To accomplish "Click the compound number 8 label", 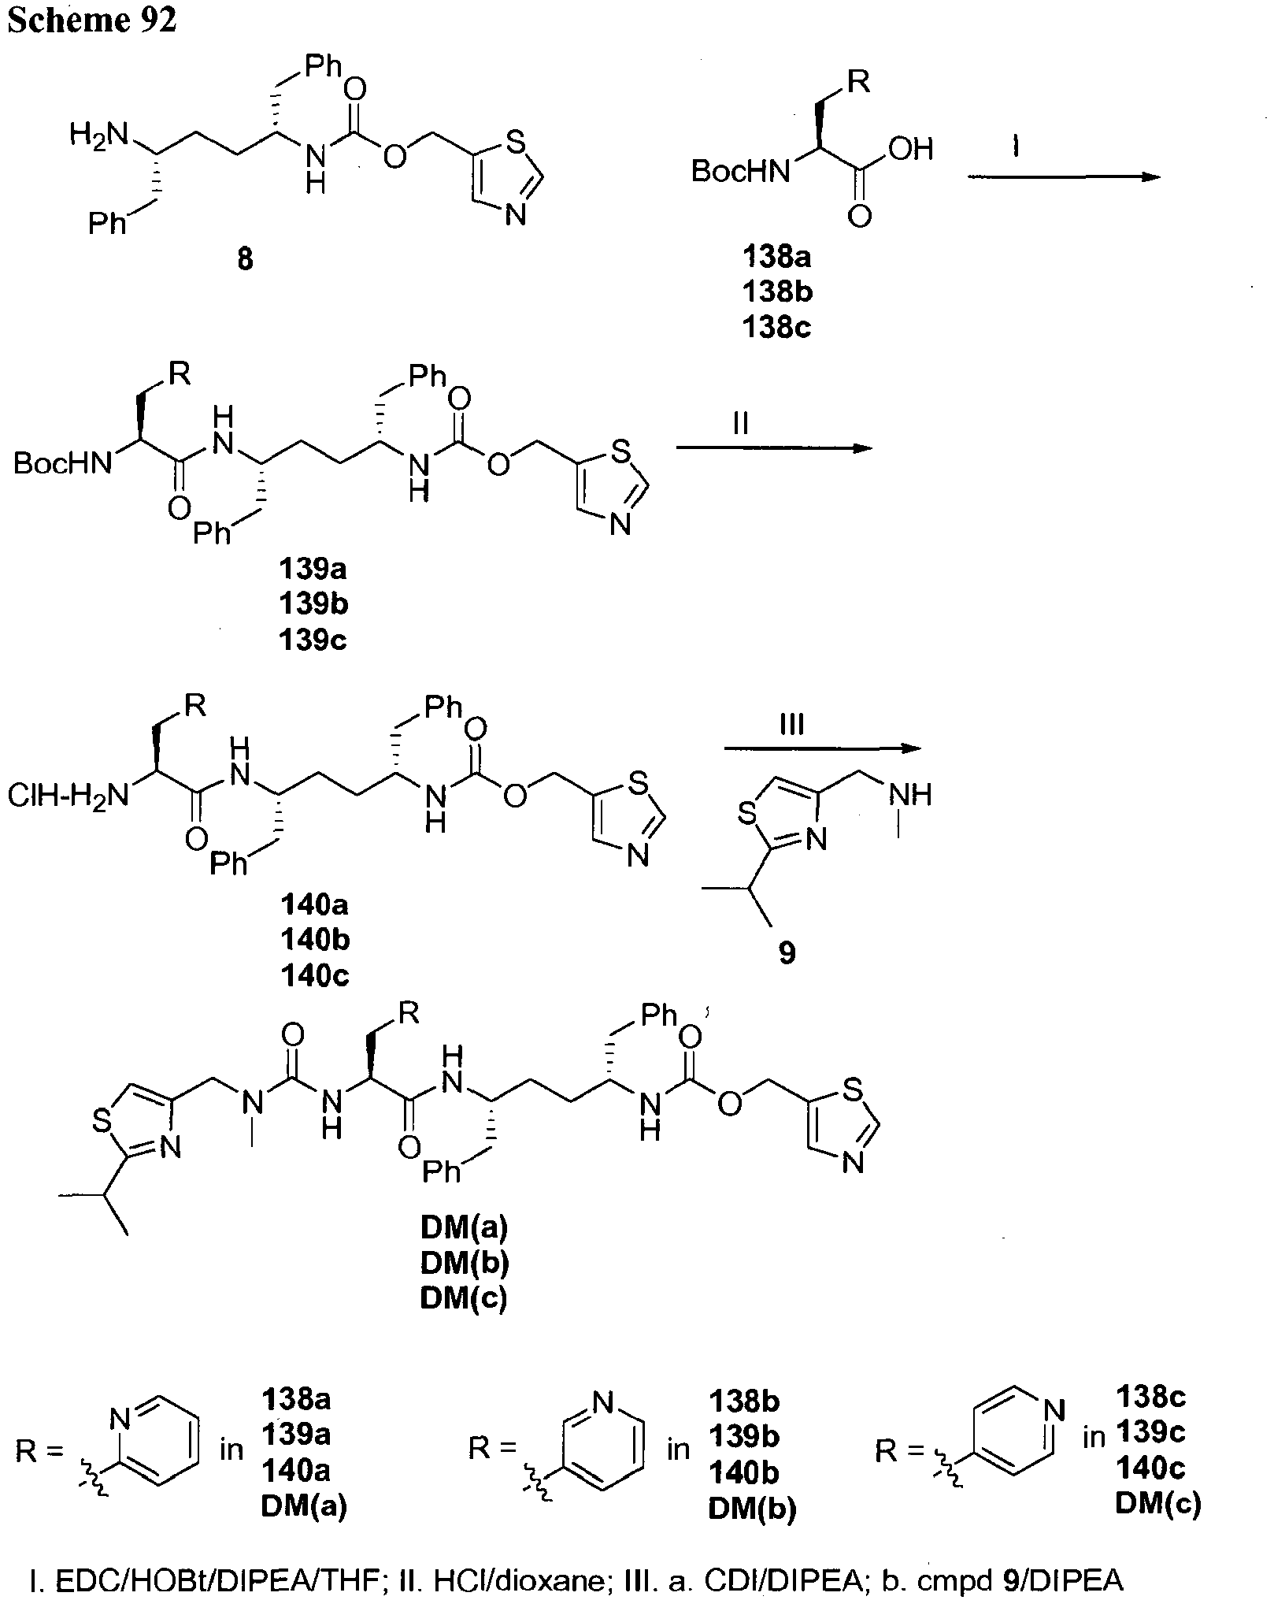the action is (245, 259).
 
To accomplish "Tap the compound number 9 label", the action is (787, 953).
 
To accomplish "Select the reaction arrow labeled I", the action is (1064, 177).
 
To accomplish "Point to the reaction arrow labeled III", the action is (822, 748).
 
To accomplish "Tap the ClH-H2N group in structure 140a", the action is (68, 796).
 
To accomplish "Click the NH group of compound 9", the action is (912, 795).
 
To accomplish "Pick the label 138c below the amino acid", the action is (777, 327).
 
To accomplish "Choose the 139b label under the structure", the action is (313, 604).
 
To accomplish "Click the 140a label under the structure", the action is (315, 904).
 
